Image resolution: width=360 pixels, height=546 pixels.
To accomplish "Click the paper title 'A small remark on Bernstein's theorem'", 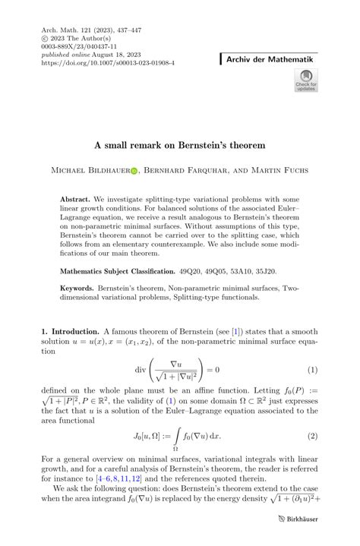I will coord(179,142).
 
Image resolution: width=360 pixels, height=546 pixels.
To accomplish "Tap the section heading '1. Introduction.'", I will coord(69,332).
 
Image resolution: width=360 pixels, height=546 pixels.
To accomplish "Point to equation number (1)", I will coord(311,370).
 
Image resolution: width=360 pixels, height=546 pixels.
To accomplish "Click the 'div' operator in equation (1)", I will coord(142,370).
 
